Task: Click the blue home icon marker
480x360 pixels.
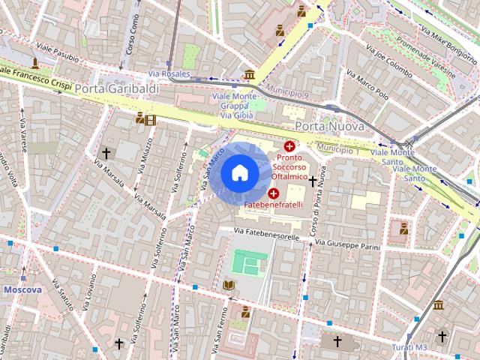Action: (239, 172)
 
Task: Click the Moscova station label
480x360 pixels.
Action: (22, 289)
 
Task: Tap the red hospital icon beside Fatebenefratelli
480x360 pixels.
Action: (273, 193)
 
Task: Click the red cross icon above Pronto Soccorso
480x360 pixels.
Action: (289, 145)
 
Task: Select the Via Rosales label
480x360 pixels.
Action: (170, 73)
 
